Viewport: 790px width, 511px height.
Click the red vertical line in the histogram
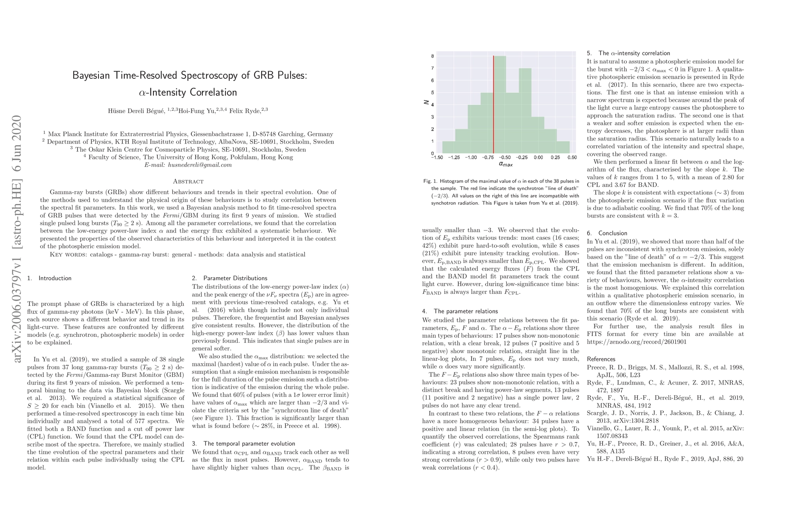point(493,104)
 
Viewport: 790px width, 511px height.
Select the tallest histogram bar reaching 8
point(500,104)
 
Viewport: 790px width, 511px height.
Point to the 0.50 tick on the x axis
point(572,157)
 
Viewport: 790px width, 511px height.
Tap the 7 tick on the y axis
point(432,68)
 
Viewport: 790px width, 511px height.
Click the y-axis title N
point(426,102)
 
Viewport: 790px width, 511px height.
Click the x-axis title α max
point(505,164)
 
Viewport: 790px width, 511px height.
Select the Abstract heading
point(188,181)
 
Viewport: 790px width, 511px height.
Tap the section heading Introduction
point(55,278)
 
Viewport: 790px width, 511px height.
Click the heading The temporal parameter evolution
point(249,444)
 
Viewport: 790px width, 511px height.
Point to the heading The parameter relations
point(460,311)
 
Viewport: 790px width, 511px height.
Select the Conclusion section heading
point(613,233)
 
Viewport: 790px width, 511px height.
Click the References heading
point(601,359)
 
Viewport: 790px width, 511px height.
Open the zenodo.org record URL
point(637,342)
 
